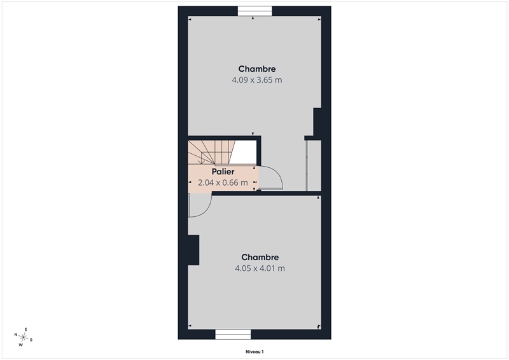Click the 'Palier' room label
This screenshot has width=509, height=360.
tap(223, 172)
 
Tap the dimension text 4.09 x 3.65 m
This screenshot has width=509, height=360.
tap(257, 80)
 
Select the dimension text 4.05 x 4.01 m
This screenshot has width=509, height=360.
tap(260, 268)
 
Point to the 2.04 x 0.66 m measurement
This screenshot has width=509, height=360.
tap(223, 183)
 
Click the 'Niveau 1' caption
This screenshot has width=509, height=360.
tap(254, 352)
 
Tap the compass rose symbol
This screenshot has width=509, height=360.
tap(24, 337)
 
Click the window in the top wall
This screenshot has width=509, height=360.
tap(255, 11)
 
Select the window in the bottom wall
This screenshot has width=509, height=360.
tap(233, 335)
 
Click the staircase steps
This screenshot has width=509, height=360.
tap(212, 152)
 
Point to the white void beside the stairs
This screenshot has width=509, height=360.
tap(244, 152)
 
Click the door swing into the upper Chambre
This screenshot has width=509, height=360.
tap(271, 177)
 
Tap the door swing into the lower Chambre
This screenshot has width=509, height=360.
tap(200, 205)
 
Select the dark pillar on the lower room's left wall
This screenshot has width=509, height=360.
tap(193, 250)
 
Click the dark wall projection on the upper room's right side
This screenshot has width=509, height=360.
tap(317, 121)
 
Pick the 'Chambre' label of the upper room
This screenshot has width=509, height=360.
tap(257, 69)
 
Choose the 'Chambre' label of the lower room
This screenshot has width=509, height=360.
tap(260, 258)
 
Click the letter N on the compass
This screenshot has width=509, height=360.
tap(15, 335)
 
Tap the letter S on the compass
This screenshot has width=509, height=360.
tap(31, 340)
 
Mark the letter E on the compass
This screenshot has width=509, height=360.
tap(26, 329)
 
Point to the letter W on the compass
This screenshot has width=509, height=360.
tap(21, 345)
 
